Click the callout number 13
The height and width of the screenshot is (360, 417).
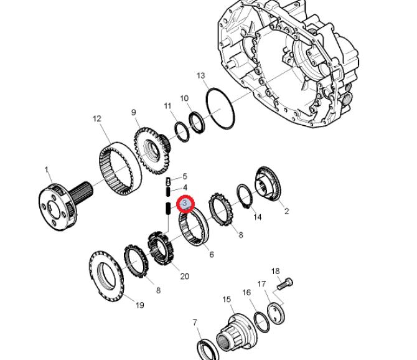click(x=201, y=75)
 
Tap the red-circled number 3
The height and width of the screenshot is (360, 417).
click(x=185, y=204)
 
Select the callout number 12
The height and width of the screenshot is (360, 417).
click(x=97, y=119)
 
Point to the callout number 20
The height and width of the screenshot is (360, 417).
click(x=185, y=276)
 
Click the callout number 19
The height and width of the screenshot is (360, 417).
click(x=140, y=305)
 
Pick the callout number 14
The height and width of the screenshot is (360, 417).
click(x=257, y=217)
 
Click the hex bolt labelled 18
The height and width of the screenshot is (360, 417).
click(x=285, y=284)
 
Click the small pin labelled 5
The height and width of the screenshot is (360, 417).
click(x=168, y=181)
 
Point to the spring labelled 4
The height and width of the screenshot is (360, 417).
click(x=168, y=191)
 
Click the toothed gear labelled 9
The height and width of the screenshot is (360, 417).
click(x=152, y=150)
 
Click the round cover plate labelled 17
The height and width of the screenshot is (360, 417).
click(x=276, y=314)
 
